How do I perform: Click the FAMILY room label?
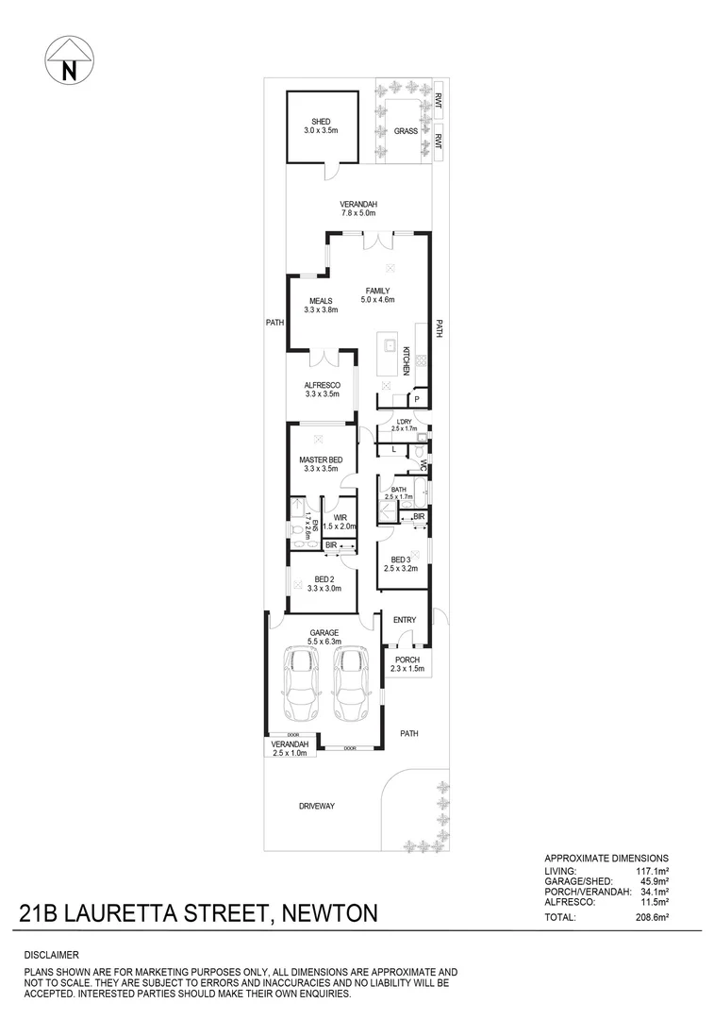(x=376, y=291)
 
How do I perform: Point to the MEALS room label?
(x=322, y=301)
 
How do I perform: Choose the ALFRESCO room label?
(x=321, y=385)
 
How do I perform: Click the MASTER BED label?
(x=321, y=459)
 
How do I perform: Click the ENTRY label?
(x=405, y=619)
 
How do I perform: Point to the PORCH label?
(x=407, y=660)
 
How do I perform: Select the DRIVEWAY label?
(x=317, y=806)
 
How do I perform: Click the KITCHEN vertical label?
(x=407, y=361)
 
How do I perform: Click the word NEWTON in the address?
(x=326, y=913)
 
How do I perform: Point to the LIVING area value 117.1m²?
(x=651, y=870)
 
